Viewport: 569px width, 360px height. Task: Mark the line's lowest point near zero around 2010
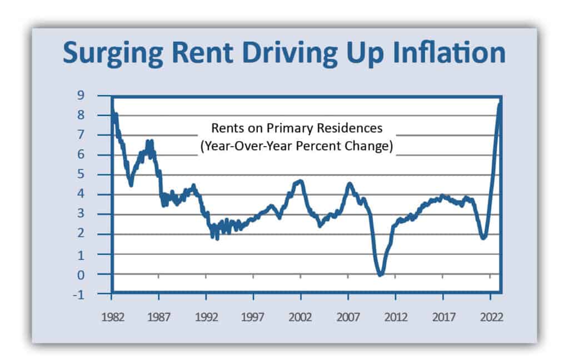point(380,274)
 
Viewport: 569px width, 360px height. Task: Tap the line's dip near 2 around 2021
point(483,237)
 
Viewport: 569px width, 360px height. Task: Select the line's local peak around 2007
point(350,184)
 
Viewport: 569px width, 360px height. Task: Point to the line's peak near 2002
point(300,181)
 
